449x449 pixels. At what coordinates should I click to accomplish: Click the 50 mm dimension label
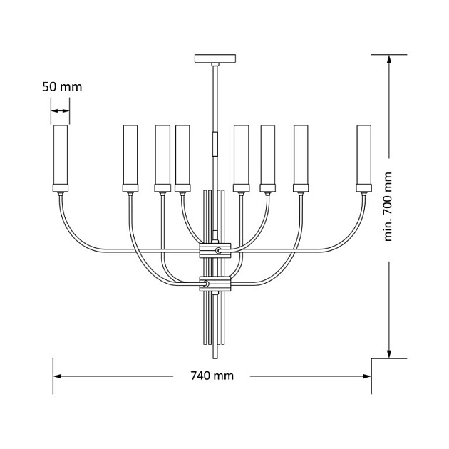[x=62, y=87]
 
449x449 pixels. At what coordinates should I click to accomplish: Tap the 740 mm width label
[x=212, y=376]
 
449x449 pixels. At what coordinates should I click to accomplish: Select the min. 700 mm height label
[x=388, y=207]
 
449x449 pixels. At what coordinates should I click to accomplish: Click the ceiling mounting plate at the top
[x=215, y=58]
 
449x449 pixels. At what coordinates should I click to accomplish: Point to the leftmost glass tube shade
[x=61, y=155]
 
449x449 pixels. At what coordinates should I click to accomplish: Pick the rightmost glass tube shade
[x=364, y=155]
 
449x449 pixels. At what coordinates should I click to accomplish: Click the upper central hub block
[x=215, y=251]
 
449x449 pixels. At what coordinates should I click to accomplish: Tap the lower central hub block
[x=215, y=284]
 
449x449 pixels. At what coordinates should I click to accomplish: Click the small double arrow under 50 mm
[x=60, y=110]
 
